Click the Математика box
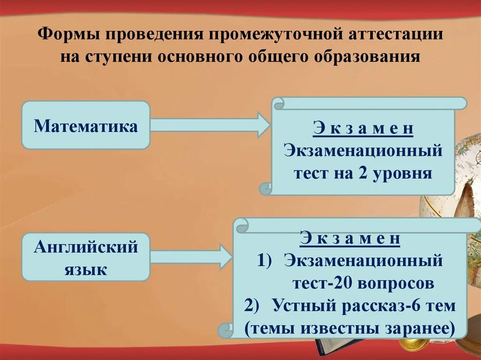point(86,125)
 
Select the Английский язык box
point(86,258)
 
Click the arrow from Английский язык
point(190,257)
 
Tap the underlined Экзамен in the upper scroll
point(363,129)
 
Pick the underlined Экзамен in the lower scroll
point(350,238)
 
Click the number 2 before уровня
point(366,174)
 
